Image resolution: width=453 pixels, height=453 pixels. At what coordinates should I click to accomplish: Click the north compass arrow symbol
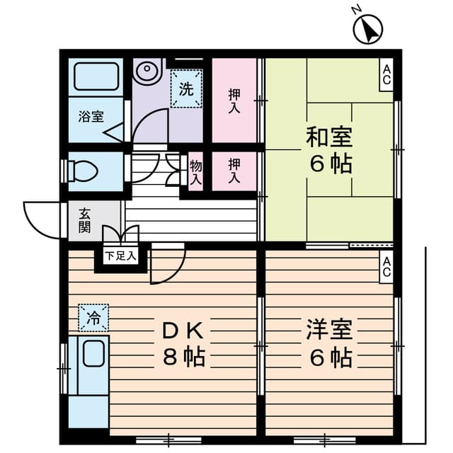click(x=368, y=28)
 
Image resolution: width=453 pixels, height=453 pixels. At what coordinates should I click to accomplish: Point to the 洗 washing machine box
click(x=185, y=90)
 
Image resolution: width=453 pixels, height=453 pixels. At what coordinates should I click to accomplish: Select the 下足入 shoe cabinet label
click(x=122, y=255)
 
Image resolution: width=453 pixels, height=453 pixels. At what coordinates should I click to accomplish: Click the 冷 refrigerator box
click(x=93, y=317)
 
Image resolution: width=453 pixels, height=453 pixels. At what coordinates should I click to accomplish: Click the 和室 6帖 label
click(x=329, y=150)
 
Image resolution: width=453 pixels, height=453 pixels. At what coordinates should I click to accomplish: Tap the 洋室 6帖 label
click(x=329, y=343)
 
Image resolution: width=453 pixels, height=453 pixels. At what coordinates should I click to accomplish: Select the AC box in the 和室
click(x=386, y=74)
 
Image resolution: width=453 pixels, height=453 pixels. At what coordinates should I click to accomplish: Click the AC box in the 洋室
click(x=387, y=267)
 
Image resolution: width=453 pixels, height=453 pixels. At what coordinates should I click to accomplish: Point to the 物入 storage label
click(x=196, y=172)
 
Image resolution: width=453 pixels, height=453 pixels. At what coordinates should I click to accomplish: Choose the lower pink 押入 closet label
click(x=234, y=172)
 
